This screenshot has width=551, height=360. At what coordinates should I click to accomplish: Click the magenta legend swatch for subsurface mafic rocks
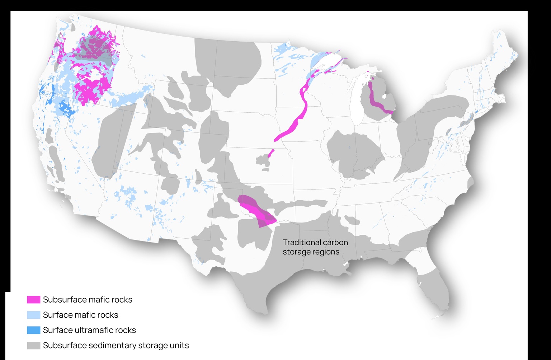click(33, 299)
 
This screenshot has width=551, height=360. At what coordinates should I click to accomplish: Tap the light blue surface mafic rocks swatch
click(33, 315)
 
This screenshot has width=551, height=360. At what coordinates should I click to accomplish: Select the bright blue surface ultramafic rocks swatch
click(33, 330)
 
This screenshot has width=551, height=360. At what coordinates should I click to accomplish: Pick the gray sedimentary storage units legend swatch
click(33, 345)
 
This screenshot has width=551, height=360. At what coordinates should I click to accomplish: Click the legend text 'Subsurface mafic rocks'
click(88, 299)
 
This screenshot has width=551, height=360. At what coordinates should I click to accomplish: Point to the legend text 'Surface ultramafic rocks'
click(89, 330)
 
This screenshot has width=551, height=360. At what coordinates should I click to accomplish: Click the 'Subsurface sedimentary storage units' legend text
click(116, 345)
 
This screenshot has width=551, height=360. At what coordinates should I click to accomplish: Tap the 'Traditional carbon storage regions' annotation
click(315, 247)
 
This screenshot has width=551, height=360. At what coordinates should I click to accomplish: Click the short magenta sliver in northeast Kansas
click(271, 153)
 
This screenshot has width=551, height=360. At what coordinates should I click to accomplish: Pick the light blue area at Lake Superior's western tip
click(317, 59)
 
